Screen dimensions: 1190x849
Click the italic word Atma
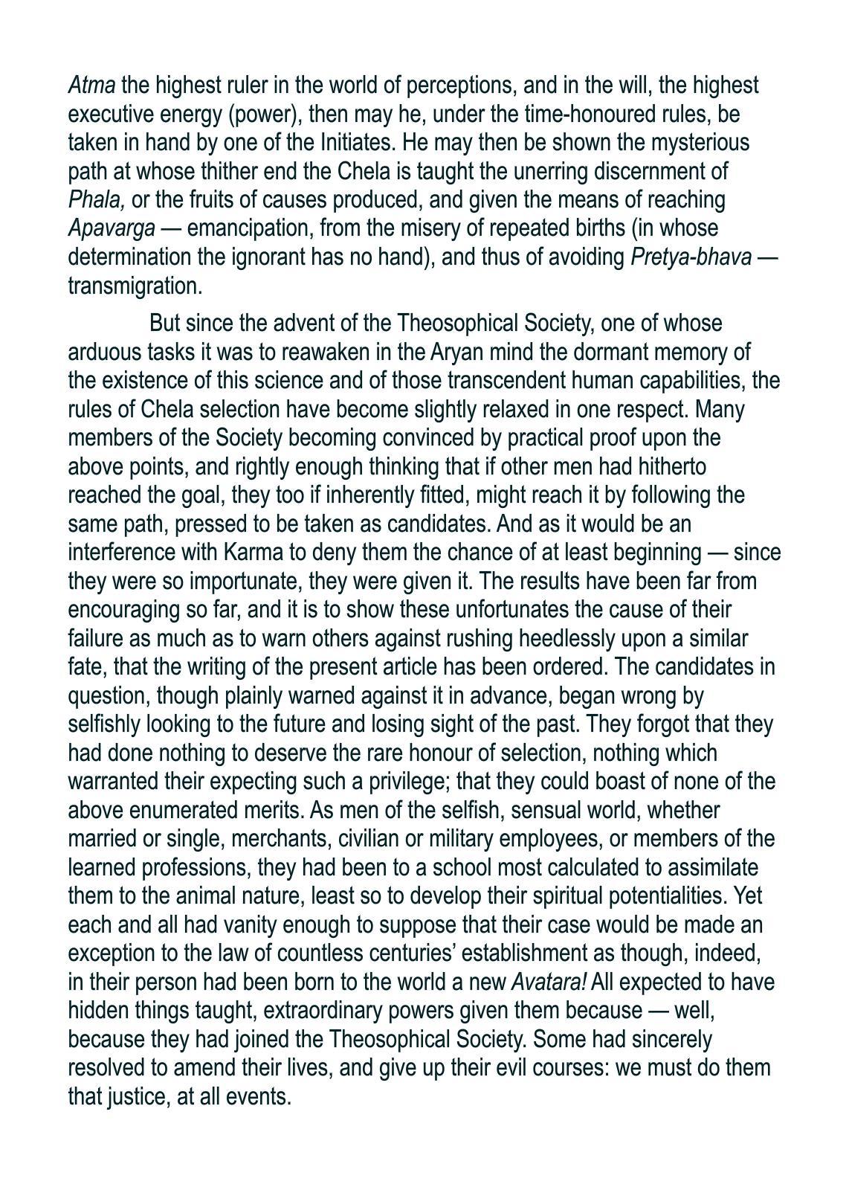coord(91,86)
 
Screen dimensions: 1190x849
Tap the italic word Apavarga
coord(112,228)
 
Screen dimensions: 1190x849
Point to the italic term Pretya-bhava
coord(691,257)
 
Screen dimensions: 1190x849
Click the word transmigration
coord(135,286)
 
